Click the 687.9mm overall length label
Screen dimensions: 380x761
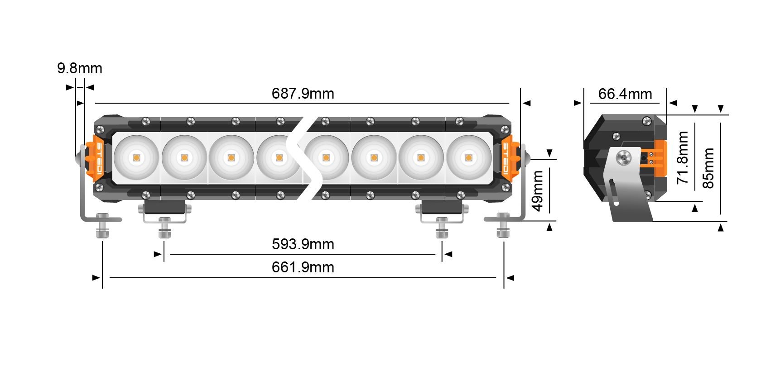click(303, 94)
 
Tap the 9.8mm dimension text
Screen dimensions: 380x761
click(80, 68)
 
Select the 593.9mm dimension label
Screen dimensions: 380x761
click(303, 244)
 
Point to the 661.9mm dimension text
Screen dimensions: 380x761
click(303, 267)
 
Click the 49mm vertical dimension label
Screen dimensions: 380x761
click(538, 190)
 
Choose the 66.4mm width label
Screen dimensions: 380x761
click(625, 94)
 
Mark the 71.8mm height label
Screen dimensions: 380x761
click(683, 157)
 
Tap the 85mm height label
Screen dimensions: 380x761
click(708, 168)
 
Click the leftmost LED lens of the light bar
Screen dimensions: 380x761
click(136, 158)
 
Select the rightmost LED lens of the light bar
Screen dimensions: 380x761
click(468, 158)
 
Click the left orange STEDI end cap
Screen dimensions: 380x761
click(98, 158)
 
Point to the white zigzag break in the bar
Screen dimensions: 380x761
click(304, 158)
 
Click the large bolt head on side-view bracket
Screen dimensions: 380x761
click(624, 158)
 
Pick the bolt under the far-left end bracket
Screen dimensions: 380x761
click(102, 226)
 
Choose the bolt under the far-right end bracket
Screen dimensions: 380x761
click(503, 226)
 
